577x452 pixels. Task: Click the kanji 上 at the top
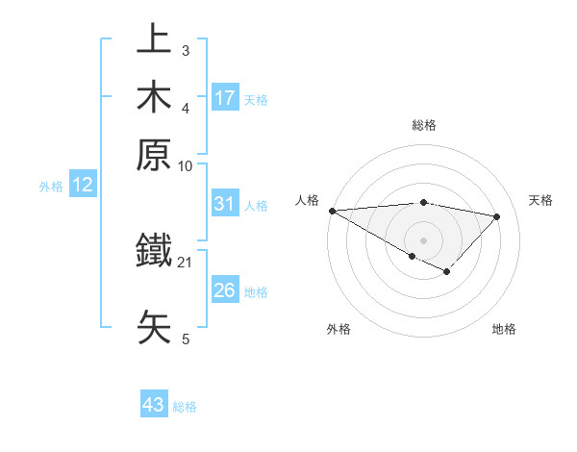[x=155, y=40]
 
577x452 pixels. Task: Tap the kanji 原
[x=155, y=154]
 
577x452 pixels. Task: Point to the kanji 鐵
[x=155, y=252]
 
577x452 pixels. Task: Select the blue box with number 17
[x=225, y=97]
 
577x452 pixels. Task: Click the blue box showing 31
[x=225, y=204]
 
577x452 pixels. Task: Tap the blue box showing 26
[x=225, y=290]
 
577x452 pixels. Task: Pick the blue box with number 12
[x=83, y=186]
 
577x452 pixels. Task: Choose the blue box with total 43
[x=154, y=405]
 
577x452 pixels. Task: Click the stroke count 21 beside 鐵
[x=186, y=262]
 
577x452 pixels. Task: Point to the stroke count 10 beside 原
[x=186, y=165]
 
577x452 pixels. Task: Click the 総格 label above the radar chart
[x=423, y=125]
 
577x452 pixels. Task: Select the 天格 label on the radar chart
[x=540, y=200]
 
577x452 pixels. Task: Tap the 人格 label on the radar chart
[x=307, y=200]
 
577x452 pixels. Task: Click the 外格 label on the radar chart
[x=339, y=329]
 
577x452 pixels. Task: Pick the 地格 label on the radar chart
[x=504, y=329]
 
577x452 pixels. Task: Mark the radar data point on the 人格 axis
[x=332, y=211]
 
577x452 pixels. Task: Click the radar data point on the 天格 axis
[x=497, y=216]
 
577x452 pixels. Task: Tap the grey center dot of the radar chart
[x=423, y=239]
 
